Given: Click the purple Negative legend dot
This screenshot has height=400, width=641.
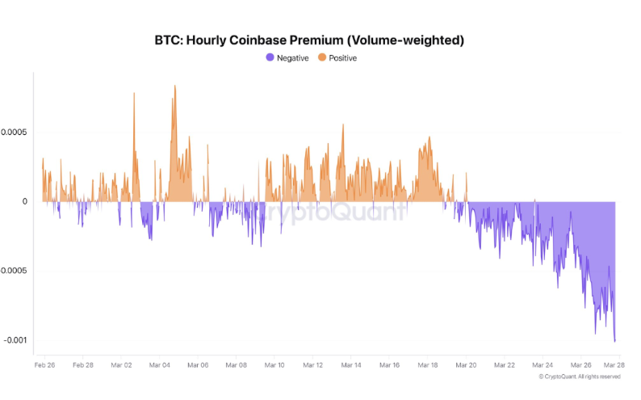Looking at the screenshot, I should pyautogui.click(x=270, y=58).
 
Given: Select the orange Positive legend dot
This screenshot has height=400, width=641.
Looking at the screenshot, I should pyautogui.click(x=322, y=58).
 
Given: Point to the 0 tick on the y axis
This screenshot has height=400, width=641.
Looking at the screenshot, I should pyautogui.click(x=25, y=201).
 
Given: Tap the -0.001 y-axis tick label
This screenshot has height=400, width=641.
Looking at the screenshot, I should pyautogui.click(x=15, y=340).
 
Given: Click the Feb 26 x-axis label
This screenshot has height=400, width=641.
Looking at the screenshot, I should pyautogui.click(x=44, y=365).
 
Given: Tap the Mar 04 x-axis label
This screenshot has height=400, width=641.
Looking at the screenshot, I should pyautogui.click(x=160, y=365).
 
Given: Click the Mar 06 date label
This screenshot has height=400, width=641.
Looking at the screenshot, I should pyautogui.click(x=198, y=365).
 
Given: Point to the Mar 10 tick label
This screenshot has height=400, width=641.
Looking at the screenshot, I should pyautogui.click(x=274, y=365).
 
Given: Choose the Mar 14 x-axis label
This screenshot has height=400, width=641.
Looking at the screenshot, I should pyautogui.click(x=351, y=365).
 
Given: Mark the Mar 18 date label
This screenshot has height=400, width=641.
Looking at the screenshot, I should pyautogui.click(x=428, y=365).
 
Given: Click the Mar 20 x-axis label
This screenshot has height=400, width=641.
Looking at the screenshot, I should pyautogui.click(x=467, y=365).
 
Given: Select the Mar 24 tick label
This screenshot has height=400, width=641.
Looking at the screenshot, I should pyautogui.click(x=543, y=365).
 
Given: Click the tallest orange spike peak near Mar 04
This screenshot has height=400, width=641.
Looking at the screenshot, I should pyautogui.click(x=174, y=86).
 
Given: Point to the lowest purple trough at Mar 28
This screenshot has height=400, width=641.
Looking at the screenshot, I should pyautogui.click(x=615, y=341).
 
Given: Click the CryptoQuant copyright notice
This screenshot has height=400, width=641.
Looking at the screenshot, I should pyautogui.click(x=580, y=377).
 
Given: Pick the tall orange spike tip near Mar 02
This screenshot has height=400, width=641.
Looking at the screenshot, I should pyautogui.click(x=134, y=93).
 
